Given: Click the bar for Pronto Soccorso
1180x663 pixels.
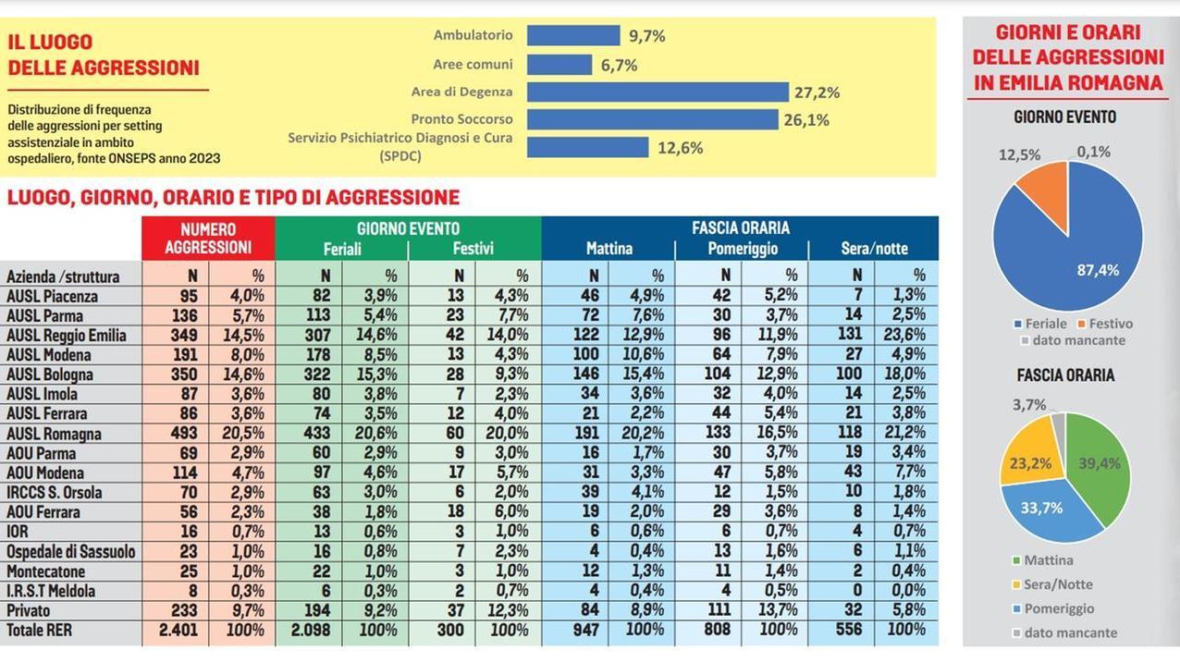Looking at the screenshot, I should click(x=652, y=119).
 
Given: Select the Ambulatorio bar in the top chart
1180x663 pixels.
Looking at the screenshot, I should click(x=573, y=35).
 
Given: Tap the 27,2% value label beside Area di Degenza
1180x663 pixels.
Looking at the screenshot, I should click(x=817, y=92).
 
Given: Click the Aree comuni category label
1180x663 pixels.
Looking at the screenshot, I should click(x=473, y=65).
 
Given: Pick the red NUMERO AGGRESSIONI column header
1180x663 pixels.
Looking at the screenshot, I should click(x=208, y=238).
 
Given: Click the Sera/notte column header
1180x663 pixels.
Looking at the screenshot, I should click(x=874, y=249).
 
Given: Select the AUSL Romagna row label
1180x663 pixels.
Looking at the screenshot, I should click(x=54, y=434).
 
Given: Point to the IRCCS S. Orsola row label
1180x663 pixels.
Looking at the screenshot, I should click(x=55, y=492).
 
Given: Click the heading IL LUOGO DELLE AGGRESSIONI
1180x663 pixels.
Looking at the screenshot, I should click(x=104, y=55).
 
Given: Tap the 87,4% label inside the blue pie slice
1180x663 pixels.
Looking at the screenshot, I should click(x=1098, y=270).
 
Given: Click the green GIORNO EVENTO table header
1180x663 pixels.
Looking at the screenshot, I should click(x=408, y=228).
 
